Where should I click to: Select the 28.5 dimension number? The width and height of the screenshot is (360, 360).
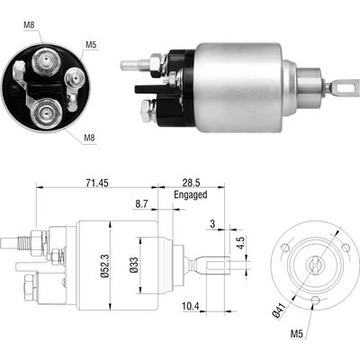click(x=191, y=183)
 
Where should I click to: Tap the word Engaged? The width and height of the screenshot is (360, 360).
click(x=191, y=194)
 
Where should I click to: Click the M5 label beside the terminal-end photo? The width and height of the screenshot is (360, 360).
click(x=91, y=42)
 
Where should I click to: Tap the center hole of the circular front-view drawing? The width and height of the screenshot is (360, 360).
click(x=315, y=265)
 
